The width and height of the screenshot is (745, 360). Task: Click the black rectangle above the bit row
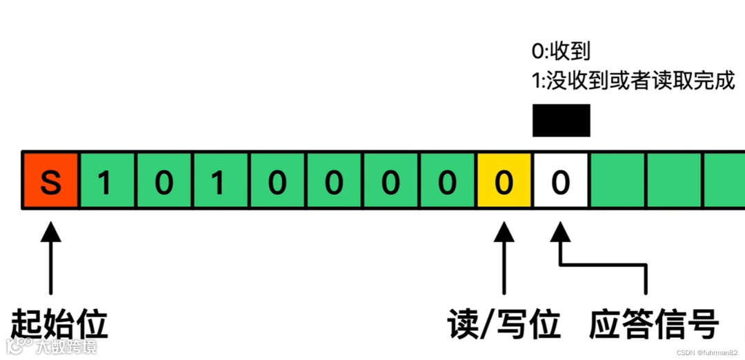(x=561, y=120)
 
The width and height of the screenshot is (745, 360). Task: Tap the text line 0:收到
(x=561, y=52)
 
